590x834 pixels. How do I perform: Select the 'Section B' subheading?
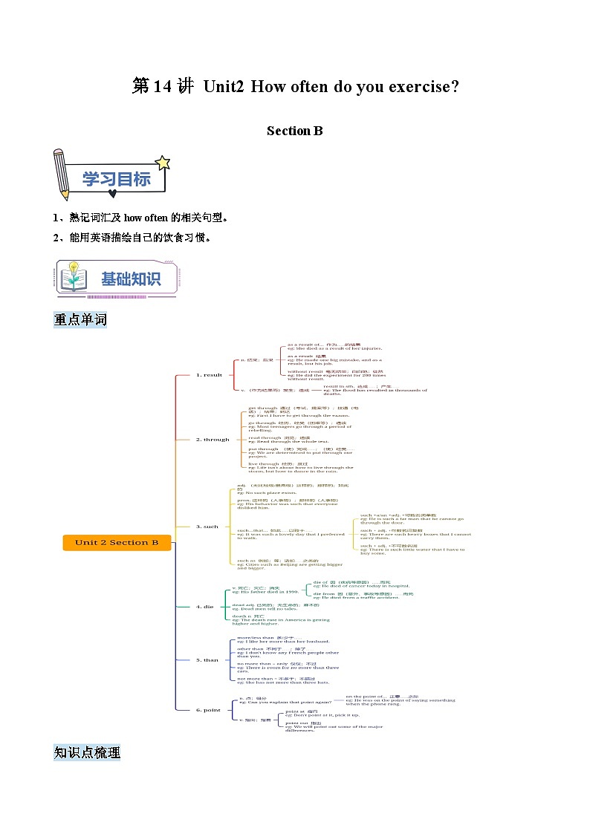pos(295,131)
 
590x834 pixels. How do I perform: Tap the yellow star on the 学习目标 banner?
pos(162,163)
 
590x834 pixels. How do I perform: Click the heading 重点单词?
pos(80,320)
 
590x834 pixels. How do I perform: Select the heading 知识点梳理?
pos(87,752)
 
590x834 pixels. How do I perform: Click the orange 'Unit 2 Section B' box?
pos(117,542)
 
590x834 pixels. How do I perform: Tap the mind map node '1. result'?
pos(209,375)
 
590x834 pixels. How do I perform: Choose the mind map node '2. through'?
pos(213,440)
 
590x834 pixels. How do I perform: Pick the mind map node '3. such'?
pos(207,527)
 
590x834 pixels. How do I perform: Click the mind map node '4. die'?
pos(204,607)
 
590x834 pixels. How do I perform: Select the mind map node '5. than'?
pos(207,659)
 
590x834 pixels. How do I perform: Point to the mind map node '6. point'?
pos(208,710)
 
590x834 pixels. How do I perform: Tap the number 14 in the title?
pos(163,86)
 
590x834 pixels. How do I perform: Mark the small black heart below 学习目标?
pos(112,195)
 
